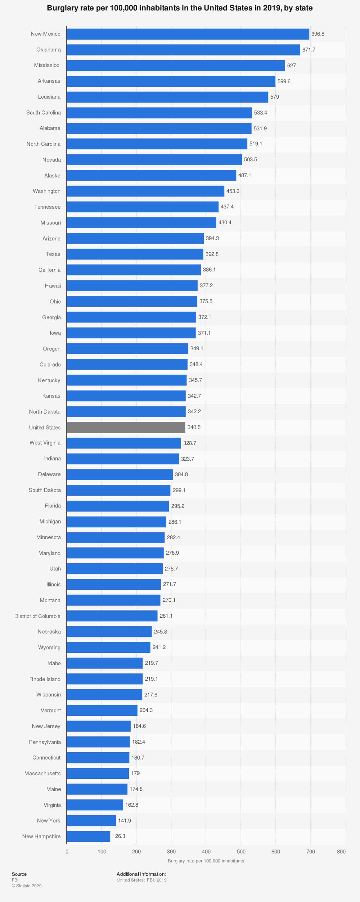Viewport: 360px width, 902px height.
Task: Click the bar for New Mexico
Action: pyautogui.click(x=188, y=34)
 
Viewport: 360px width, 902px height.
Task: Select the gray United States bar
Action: pyautogui.click(x=126, y=427)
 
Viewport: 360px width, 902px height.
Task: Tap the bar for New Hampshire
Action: pyautogui.click(x=88, y=836)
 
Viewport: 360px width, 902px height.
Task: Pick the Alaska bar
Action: pyautogui.click(x=151, y=175)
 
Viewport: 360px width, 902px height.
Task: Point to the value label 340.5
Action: pyautogui.click(x=194, y=427)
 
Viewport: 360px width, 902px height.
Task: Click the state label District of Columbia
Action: pyautogui.click(x=37, y=616)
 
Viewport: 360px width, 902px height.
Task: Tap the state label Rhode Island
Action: pyautogui.click(x=45, y=679)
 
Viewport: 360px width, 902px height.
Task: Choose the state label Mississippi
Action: pyautogui.click(x=47, y=65)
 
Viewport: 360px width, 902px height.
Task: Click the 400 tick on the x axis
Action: pyautogui.click(x=206, y=852)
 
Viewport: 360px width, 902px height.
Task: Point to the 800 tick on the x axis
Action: pyautogui.click(x=341, y=852)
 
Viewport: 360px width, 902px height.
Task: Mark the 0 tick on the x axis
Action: pyautogui.click(x=67, y=852)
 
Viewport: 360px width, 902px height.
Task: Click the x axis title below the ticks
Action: pyautogui.click(x=206, y=861)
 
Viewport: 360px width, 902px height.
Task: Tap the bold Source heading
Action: pyautogui.click(x=19, y=874)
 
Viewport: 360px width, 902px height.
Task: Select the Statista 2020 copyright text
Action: pyautogui.click(x=27, y=886)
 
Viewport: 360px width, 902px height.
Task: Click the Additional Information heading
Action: pyautogui.click(x=141, y=874)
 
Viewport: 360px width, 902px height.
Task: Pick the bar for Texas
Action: pyautogui.click(x=135, y=254)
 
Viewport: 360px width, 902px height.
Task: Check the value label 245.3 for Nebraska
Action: pyautogui.click(x=160, y=632)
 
